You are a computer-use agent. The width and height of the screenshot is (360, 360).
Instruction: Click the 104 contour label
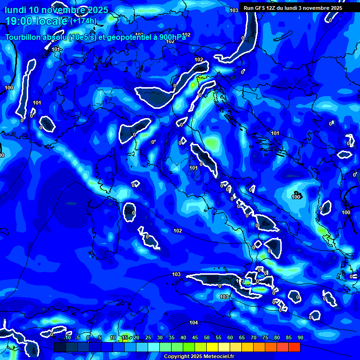(x=194, y=322)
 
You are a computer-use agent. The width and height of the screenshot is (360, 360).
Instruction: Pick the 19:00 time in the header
(x=18, y=21)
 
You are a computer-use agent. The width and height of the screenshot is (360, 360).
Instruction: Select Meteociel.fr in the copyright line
(x=217, y=357)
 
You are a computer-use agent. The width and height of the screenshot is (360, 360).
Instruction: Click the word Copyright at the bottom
(x=176, y=357)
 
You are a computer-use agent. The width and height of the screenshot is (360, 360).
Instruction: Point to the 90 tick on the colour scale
(x=300, y=338)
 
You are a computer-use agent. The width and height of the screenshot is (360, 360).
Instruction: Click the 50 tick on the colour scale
(x=206, y=338)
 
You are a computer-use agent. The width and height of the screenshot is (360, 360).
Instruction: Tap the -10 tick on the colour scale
(x=67, y=338)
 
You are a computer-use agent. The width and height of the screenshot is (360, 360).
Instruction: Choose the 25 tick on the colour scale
(x=148, y=338)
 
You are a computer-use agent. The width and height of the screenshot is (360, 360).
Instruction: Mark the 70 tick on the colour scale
(x=253, y=338)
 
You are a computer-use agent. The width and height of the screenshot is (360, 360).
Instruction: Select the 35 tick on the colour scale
(x=171, y=338)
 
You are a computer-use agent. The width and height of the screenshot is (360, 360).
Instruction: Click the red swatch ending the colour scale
(x=294, y=347)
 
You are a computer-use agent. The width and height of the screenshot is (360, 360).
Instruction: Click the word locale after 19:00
(x=52, y=21)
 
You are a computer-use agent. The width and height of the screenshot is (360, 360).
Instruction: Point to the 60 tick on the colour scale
(x=230, y=338)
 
